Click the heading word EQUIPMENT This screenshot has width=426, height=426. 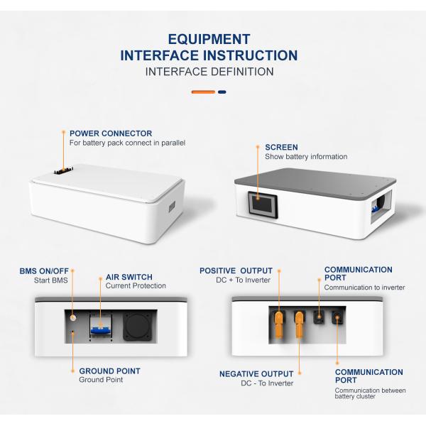point(209,39)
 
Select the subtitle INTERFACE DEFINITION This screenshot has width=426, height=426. point(209,72)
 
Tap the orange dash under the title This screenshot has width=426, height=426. point(203,92)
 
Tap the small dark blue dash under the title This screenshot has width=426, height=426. point(222,92)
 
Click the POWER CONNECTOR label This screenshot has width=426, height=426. point(110,133)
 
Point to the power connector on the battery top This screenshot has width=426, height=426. point(63,171)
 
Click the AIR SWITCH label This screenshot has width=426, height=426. point(129,277)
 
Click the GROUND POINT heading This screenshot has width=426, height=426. point(109,371)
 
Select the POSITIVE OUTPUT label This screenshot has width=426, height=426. point(236,271)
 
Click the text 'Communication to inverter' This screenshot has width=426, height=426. point(364,288)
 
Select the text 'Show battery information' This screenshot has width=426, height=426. point(306,156)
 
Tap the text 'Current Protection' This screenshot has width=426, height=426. point(136,286)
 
